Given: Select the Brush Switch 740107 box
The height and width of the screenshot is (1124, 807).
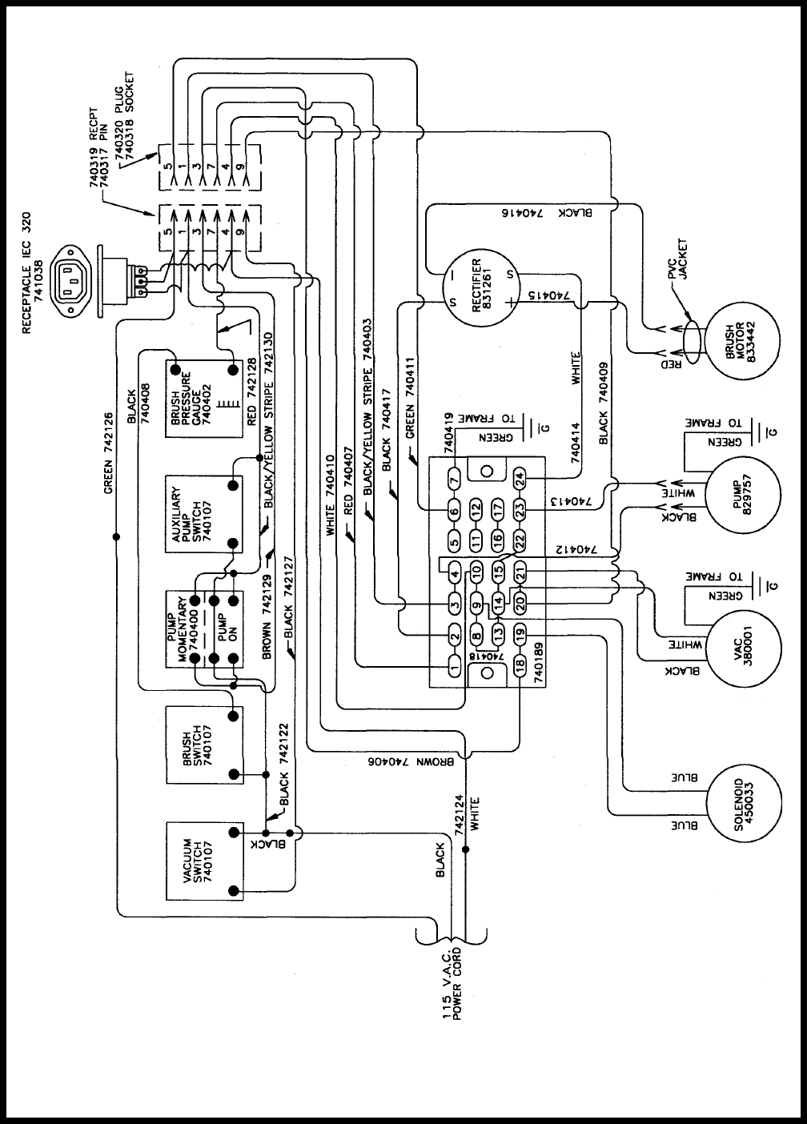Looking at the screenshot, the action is (204, 745).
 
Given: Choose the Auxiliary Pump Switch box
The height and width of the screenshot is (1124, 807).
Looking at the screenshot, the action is (204, 514).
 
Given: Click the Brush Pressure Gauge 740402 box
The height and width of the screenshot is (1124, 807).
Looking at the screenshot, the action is (204, 399).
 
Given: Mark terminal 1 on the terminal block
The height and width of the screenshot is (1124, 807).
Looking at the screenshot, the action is (454, 667).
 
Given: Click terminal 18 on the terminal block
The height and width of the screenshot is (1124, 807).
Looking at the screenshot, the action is (520, 664).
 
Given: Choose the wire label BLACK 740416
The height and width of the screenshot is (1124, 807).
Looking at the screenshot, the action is (548, 213).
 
